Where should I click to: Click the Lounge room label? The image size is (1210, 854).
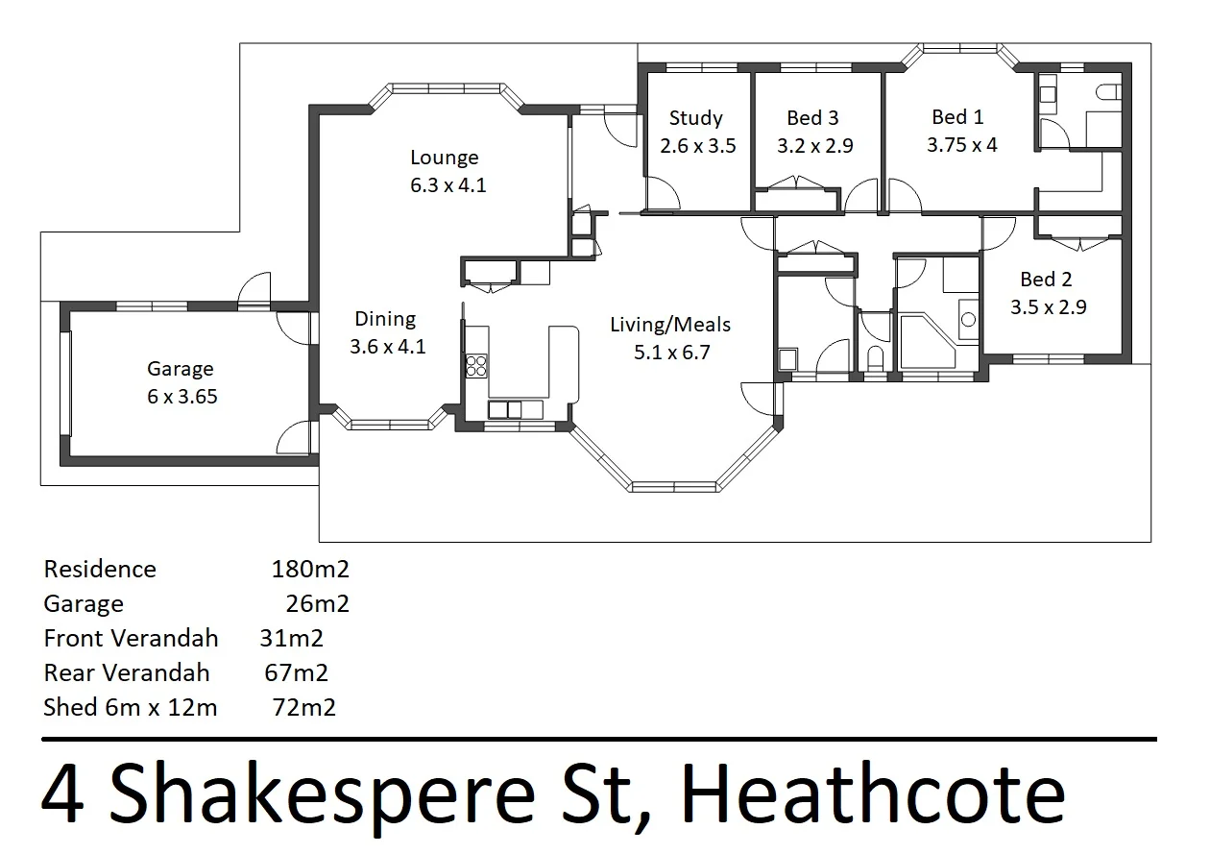tap(444, 158)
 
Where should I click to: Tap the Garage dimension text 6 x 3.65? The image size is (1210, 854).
tap(182, 396)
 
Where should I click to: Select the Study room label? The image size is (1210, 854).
tap(696, 118)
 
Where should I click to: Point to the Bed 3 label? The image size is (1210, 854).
tap(812, 118)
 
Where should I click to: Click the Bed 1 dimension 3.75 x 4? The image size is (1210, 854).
tap(961, 145)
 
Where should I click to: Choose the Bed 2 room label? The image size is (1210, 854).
tap(1046, 280)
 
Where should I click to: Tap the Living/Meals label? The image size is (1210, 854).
tap(670, 325)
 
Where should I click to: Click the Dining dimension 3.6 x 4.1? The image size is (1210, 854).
tap(387, 346)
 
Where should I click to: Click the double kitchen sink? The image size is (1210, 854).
tap(516, 410)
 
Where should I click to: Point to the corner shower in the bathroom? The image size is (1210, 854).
tap(927, 340)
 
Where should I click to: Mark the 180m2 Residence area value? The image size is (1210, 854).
tap(310, 569)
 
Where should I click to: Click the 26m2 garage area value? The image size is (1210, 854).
tap(317, 603)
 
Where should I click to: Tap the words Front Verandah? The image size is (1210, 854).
tap(131, 638)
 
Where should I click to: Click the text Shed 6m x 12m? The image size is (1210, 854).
tap(131, 708)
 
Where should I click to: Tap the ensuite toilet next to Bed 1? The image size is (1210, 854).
tap(1109, 92)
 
